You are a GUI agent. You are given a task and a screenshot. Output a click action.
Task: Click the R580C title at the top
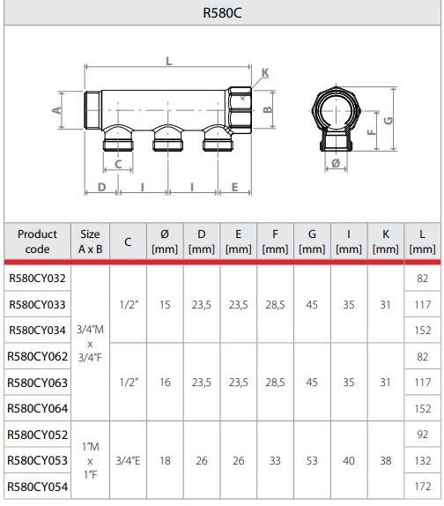[x=222, y=12]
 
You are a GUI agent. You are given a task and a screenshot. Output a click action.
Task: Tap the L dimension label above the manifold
[x=168, y=61]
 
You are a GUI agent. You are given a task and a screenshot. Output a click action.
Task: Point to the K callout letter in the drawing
[x=265, y=72]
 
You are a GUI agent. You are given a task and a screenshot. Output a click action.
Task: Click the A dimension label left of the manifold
[x=56, y=110]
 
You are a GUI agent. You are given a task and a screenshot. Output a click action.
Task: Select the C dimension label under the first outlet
[x=118, y=164]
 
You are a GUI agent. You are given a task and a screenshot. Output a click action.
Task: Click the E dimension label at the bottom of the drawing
[x=234, y=187]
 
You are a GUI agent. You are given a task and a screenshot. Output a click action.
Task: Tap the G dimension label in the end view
[x=388, y=121]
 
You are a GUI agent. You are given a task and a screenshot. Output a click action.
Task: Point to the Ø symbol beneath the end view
[x=336, y=163]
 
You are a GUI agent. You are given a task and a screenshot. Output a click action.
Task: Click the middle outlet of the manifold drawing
[x=167, y=138]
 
